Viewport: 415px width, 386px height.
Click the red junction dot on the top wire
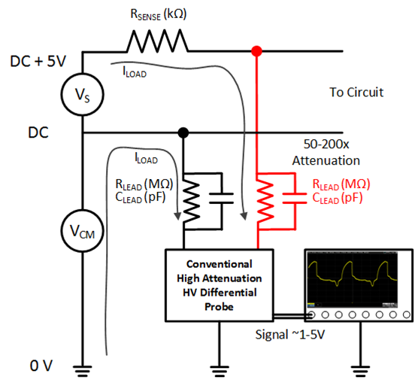(x=256, y=51)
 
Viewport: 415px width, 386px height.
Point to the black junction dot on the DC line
(x=183, y=132)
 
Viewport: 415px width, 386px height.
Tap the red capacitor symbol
(x=295, y=199)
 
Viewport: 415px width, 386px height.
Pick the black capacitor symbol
(x=221, y=199)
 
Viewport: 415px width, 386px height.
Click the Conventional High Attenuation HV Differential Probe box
(x=219, y=285)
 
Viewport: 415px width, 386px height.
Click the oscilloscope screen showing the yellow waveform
(x=353, y=279)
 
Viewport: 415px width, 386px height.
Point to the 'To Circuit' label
(x=356, y=93)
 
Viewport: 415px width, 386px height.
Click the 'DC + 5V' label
(x=38, y=61)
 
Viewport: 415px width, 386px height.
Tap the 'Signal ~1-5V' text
(x=290, y=334)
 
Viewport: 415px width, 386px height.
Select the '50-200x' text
(x=326, y=144)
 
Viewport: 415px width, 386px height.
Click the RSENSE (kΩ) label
(x=159, y=14)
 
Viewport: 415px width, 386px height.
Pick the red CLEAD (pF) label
(x=338, y=198)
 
